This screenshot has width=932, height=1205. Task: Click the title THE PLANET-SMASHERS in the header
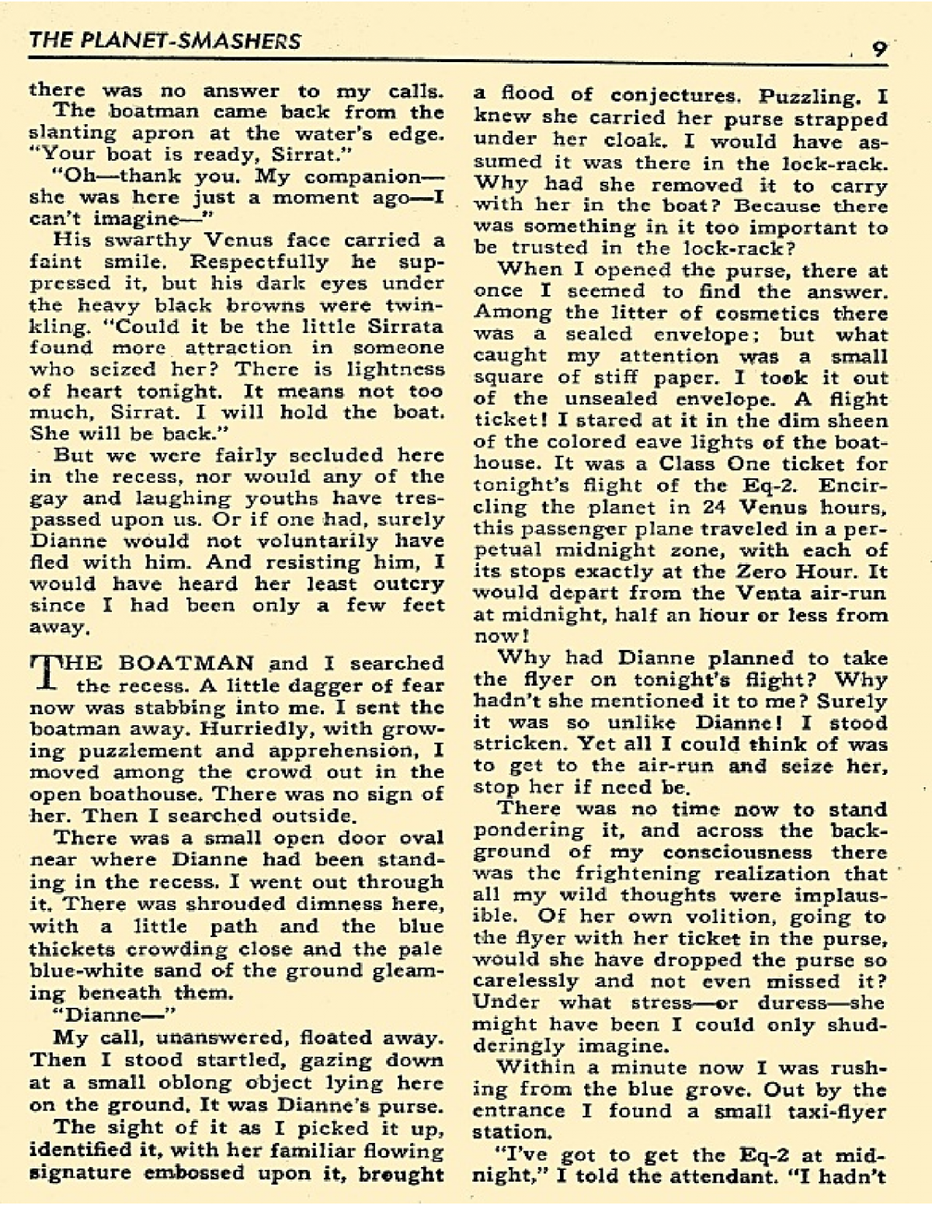(165, 40)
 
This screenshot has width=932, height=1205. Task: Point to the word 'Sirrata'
(402, 326)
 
